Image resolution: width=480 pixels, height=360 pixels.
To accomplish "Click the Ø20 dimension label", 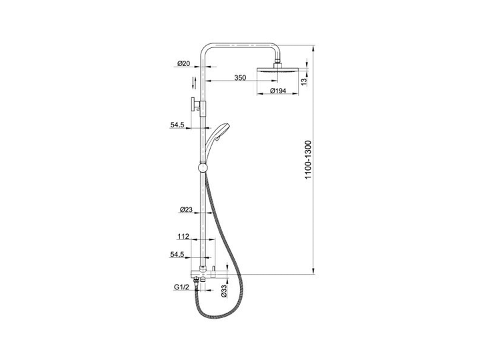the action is (x=184, y=64).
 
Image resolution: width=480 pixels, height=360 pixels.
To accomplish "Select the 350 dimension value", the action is (x=240, y=78).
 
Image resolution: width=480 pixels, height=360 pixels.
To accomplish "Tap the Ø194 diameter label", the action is (x=278, y=91).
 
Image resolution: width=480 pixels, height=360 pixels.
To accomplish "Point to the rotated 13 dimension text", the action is (x=304, y=82).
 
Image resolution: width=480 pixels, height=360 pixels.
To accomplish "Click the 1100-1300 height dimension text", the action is (x=308, y=160).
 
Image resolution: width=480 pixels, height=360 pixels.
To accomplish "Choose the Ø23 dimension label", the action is (x=186, y=210).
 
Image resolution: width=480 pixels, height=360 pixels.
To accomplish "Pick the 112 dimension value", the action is (x=183, y=236).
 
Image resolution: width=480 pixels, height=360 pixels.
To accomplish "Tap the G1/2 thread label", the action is (x=182, y=287).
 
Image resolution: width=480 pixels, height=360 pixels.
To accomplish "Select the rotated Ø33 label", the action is (x=224, y=291).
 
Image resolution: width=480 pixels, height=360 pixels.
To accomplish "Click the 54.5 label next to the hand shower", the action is (x=177, y=125).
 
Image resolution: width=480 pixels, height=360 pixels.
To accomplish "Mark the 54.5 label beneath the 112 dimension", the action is (x=177, y=255).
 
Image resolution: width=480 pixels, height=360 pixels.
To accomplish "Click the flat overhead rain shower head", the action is (x=277, y=71).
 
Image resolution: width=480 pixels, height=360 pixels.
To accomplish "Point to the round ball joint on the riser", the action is (x=203, y=168).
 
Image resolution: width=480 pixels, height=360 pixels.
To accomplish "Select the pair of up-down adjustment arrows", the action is (x=193, y=83).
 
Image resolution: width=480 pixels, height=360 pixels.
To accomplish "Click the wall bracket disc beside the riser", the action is (x=193, y=105).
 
